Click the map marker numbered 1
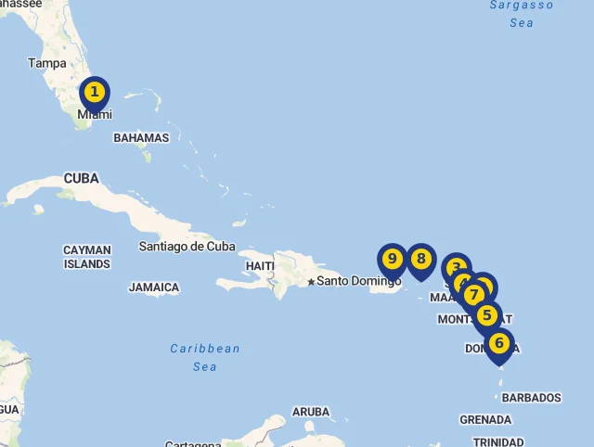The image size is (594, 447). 94,93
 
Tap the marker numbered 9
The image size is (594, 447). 392,259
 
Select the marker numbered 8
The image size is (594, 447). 421,259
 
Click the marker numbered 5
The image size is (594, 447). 486,315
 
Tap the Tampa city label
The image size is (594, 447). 47,63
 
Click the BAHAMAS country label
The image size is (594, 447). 141,138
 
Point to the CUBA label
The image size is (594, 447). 82,178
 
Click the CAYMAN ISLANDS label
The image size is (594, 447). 87,257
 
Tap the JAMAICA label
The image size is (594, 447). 154,287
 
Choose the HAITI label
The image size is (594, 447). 260,266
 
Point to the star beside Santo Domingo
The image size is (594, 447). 311,281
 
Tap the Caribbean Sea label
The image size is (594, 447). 205,357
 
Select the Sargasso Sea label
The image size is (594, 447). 522,13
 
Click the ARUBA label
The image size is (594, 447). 311,412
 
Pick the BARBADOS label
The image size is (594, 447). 532,398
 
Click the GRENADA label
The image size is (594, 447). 485,420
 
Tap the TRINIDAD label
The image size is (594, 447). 498,441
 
